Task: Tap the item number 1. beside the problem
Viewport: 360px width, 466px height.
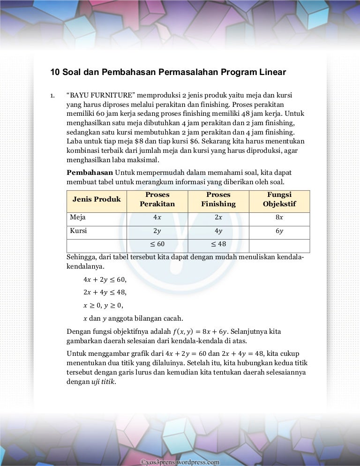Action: tap(53, 97)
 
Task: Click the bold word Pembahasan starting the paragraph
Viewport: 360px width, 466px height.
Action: tap(90, 173)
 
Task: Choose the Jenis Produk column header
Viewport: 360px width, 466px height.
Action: tap(97, 199)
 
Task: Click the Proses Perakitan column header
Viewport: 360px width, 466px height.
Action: tap(157, 199)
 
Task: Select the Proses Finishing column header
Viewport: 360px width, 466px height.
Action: tap(218, 199)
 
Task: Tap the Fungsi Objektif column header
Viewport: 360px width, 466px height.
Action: tap(279, 199)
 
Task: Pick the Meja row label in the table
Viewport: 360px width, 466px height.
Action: tap(78, 218)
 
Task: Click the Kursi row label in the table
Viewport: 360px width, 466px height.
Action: tap(78, 231)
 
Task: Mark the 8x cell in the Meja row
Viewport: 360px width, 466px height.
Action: tap(279, 218)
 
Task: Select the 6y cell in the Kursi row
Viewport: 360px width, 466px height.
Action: tap(279, 231)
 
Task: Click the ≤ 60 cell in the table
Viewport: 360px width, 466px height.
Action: tap(157, 244)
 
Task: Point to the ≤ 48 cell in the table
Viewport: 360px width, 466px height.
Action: tap(218, 244)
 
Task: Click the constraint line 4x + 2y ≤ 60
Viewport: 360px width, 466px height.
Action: tap(105, 280)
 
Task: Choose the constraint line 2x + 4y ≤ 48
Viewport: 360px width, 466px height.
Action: tap(105, 293)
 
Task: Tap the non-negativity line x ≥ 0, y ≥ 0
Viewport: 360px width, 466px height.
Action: tap(103, 305)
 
